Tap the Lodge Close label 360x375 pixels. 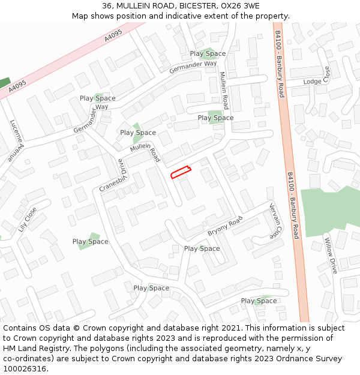pos(317,81)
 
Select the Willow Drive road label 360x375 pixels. pos(331,256)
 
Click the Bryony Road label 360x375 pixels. pos(225,225)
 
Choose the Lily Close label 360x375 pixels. pos(28,220)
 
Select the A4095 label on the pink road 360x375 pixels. pos(112,37)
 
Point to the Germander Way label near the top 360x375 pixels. pos(193,67)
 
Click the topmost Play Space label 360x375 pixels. pos(208,53)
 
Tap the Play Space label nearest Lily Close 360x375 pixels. pos(90,242)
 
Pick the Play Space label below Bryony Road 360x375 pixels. pos(202,248)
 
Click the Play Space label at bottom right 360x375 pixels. pos(259,301)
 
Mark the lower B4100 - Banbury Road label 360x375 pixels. pos(293,206)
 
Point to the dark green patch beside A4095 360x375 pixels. pos(5,83)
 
